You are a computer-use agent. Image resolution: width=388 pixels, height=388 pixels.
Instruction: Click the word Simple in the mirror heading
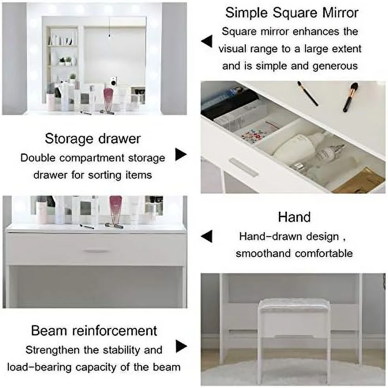click(247, 13)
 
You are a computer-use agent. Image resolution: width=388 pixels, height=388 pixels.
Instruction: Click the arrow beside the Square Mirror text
click(207, 41)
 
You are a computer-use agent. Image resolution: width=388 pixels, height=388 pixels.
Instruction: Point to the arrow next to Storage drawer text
click(181, 154)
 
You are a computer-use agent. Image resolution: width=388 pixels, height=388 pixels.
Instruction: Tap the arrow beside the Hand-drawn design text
click(207, 236)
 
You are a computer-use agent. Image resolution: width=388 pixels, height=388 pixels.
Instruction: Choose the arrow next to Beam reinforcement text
click(181, 346)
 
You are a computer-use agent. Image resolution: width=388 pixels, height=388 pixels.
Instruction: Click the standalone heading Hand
click(294, 217)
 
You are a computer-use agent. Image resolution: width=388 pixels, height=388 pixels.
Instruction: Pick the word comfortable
click(324, 253)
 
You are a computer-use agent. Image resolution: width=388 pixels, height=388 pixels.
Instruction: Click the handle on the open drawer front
click(244, 167)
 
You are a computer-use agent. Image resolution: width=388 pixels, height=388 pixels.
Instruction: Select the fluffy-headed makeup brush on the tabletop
click(350, 97)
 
